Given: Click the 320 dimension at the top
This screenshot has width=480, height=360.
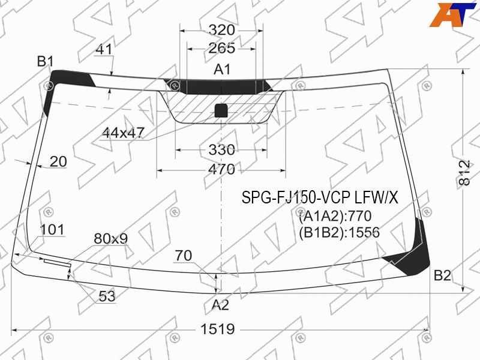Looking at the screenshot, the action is tap(221, 31).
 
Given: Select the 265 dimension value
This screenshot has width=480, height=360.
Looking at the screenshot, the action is tap(221, 48).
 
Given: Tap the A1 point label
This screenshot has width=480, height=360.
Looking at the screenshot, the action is tap(222, 70).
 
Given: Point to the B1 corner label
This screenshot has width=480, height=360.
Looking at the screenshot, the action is tap(46, 62).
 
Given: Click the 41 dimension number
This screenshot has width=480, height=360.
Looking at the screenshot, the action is tap(104, 49).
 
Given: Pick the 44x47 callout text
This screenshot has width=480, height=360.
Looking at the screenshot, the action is tap(123, 133).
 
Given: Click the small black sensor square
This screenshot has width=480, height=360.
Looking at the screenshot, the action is tap(221, 110).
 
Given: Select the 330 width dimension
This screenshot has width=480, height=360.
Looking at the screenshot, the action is tap(221, 150).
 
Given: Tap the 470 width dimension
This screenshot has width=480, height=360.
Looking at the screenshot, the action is tap(221, 169).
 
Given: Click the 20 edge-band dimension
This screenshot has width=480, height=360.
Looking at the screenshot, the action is tap(58, 161).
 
